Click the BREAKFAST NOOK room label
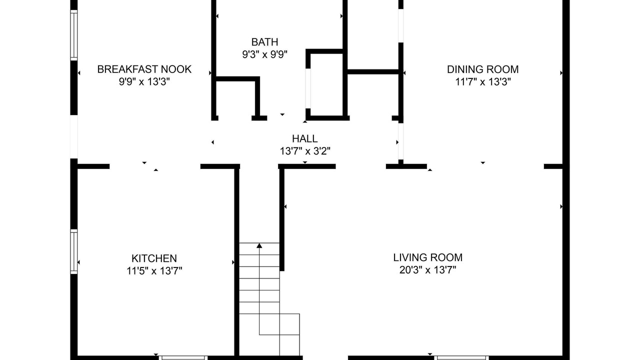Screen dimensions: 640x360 click(144, 69)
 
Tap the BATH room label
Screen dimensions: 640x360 click(264, 42)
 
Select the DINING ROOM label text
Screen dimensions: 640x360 click(482, 69)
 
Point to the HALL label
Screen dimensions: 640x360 click(305, 138)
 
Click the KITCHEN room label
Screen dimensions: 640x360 click(154, 258)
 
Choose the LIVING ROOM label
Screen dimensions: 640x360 click(427, 257)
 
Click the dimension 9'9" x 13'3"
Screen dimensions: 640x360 click(144, 82)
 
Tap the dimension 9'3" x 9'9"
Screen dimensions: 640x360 click(264, 54)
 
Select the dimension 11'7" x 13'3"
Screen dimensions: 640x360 click(482, 82)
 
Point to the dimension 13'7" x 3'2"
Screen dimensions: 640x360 click(305, 151)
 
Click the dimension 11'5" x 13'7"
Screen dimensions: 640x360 click(154, 270)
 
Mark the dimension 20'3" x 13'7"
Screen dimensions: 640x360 click(427, 269)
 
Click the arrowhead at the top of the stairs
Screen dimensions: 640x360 click(259, 245)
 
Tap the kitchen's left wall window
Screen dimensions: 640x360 click(74, 251)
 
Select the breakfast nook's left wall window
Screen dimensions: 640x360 click(74, 35)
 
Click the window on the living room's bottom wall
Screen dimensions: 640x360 click(461, 357)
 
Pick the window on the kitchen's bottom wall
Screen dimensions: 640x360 click(183, 357)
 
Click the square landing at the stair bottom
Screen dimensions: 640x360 click(289, 324)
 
